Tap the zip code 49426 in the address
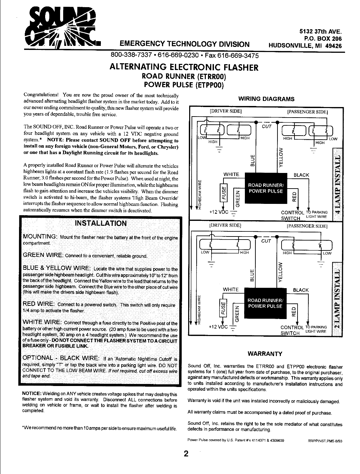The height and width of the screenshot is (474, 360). pyautogui.click(x=333, y=46)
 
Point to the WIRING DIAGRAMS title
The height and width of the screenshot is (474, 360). pyautogui.click(x=266, y=99)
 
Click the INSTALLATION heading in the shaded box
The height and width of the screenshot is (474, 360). pyautogui.click(x=101, y=223)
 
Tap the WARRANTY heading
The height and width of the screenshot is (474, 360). pyautogui.click(x=265, y=354)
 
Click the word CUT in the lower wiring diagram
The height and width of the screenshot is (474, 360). pyautogui.click(x=266, y=241)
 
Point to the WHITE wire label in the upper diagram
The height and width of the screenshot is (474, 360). pyautogui.click(x=231, y=175)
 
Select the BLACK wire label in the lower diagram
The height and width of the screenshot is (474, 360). pyautogui.click(x=301, y=290)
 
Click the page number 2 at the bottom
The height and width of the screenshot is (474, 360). pyautogui.click(x=186, y=454)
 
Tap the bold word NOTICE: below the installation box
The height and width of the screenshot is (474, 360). pyautogui.click(x=32, y=394)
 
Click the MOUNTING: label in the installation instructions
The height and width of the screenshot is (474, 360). pyautogui.click(x=40, y=236)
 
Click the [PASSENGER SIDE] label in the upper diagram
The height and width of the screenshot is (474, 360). pyautogui.click(x=309, y=111)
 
